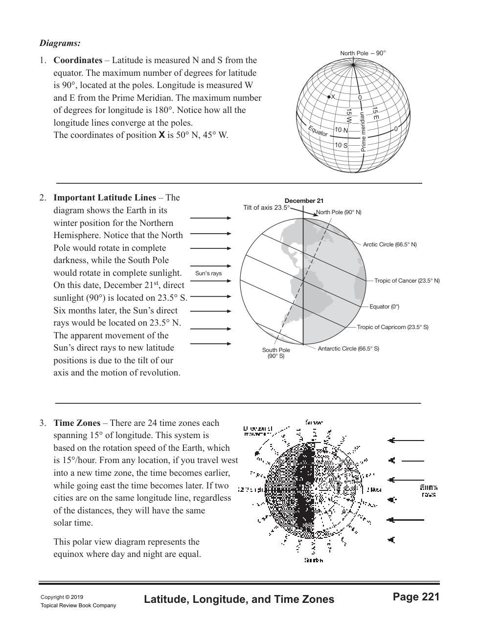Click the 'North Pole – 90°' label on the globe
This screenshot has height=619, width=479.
pos(363,53)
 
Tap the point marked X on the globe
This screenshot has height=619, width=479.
pos(329,97)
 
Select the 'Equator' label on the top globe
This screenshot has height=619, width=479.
pos(318,131)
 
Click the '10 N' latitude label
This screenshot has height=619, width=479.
pos(341,131)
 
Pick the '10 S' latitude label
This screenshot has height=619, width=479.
pos(341,145)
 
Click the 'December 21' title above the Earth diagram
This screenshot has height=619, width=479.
pos(304,201)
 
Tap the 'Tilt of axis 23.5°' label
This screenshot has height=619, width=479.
pos(266,208)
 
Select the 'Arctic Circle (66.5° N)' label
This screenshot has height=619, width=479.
pos(389,244)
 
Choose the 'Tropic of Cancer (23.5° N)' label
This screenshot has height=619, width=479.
pos(407,281)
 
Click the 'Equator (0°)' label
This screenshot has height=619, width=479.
pos(384,307)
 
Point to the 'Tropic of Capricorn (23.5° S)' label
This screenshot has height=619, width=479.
pos(392,327)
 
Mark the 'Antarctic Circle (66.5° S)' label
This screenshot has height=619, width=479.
pos(348,349)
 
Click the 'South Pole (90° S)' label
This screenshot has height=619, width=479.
pos(276,353)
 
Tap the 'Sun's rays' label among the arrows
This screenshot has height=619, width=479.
pos(208,273)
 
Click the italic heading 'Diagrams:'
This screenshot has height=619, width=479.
pos(60,43)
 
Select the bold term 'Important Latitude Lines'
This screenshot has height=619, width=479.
pos(104,198)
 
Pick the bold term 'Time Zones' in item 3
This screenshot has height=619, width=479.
pos(77,423)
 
